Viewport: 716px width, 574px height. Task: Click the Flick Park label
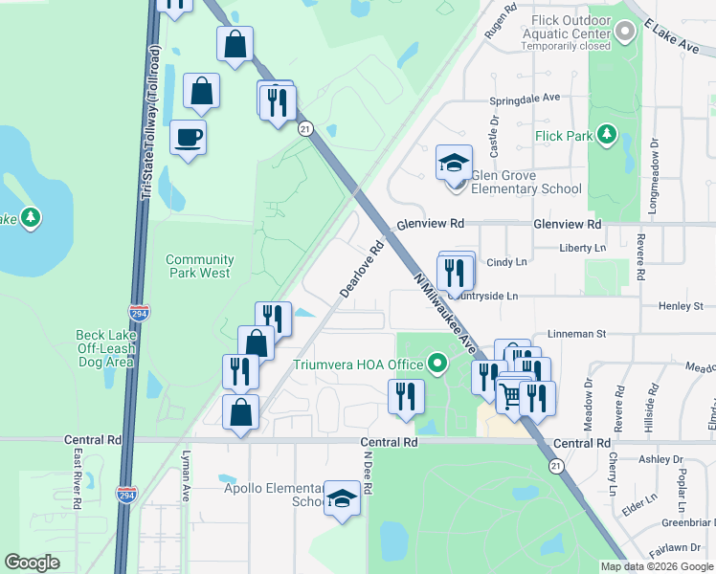point(565,137)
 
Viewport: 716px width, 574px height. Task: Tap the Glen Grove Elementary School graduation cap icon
point(454,163)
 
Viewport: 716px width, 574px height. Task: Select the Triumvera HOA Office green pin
point(437,364)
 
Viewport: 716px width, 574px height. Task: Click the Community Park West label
point(199,266)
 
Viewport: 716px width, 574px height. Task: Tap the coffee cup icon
point(188,138)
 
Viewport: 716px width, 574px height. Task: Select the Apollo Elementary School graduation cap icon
point(342,497)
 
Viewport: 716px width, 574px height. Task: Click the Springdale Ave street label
point(524,98)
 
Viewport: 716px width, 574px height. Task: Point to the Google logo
point(33,563)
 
